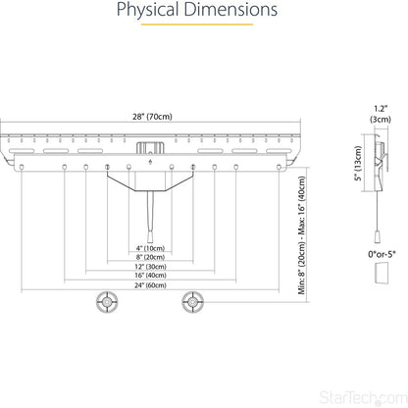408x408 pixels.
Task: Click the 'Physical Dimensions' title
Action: click(197, 10)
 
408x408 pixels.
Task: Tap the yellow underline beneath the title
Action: click(197, 25)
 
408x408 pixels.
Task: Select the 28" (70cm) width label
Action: click(152, 117)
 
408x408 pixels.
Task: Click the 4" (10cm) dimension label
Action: click(150, 248)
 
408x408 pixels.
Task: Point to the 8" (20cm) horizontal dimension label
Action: click(150, 257)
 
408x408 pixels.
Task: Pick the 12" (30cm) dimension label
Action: click(150, 267)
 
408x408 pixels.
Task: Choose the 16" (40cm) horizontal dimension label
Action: click(150, 276)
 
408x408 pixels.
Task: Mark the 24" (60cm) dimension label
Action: click(150, 285)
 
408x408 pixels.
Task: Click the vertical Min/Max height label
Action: click(302, 235)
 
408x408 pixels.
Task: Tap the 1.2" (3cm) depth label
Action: click(381, 114)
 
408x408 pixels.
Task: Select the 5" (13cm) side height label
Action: click(359, 164)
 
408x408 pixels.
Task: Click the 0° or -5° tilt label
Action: click(382, 254)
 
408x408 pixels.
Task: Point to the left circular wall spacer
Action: click(107, 302)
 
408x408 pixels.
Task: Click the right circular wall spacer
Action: click(193, 302)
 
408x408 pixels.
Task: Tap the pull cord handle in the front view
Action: click(150, 236)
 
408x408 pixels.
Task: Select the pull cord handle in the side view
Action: click(378, 236)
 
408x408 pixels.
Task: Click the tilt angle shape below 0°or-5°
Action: click(382, 273)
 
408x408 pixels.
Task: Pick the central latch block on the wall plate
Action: click(150, 148)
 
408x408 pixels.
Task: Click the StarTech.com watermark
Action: click(363, 397)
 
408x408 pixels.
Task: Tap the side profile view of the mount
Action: click(380, 163)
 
